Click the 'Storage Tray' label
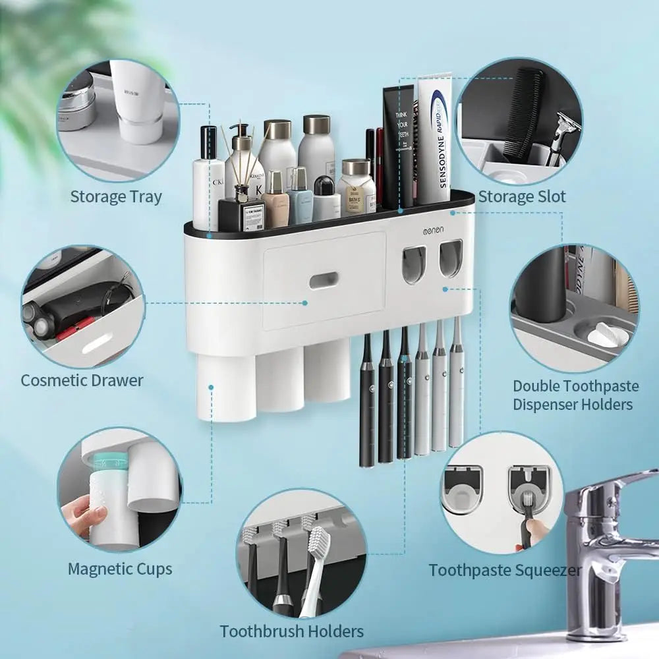click(116, 196)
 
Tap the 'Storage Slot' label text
click(522, 196)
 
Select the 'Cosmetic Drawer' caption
click(82, 380)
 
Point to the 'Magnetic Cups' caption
click(120, 569)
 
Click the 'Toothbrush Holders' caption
click(291, 631)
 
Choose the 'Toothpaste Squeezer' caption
click(505, 570)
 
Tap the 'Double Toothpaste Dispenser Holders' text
click(573, 395)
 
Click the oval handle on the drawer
click(324, 281)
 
